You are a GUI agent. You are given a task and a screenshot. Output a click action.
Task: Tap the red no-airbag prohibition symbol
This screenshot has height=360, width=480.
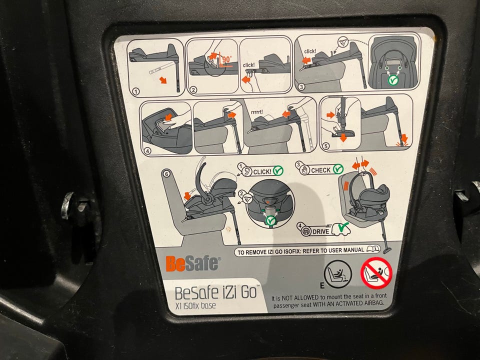[x=376, y=273]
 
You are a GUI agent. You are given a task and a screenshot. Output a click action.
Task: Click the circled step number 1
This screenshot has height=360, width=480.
[x=136, y=91]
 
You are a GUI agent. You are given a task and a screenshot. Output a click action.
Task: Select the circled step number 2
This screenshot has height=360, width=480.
[x=193, y=89]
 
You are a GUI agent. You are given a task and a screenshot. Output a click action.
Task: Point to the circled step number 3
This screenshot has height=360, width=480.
[x=301, y=87]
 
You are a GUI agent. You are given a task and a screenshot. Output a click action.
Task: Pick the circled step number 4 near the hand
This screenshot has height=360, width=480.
[x=148, y=150]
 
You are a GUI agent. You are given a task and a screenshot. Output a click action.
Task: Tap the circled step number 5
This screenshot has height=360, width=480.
[x=325, y=146]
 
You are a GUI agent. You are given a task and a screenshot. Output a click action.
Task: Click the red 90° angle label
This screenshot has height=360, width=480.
[x=227, y=59]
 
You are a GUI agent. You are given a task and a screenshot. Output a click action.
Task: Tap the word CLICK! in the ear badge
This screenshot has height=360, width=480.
[x=262, y=171]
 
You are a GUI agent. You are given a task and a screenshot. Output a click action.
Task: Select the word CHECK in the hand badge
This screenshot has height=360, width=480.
[x=321, y=170]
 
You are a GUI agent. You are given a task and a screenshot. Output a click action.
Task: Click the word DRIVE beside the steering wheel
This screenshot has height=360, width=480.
[x=321, y=231]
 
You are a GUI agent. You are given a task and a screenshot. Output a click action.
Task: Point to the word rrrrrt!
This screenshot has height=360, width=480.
[x=257, y=112]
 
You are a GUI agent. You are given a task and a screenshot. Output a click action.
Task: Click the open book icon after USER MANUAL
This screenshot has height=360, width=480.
[x=373, y=248]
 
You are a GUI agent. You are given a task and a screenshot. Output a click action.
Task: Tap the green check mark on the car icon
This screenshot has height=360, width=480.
[x=343, y=226]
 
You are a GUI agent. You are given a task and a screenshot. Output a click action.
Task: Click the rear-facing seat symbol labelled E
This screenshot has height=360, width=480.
[x=338, y=274]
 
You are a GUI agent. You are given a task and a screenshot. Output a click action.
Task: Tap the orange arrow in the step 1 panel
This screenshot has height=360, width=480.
[x=163, y=80]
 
